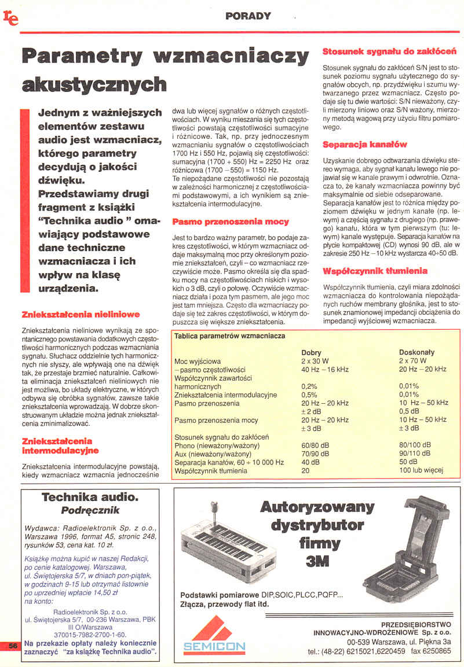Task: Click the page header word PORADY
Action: [x=248, y=16]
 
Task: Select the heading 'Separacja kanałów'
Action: [x=364, y=144]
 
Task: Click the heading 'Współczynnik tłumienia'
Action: [x=375, y=271]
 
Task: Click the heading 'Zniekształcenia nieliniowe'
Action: [x=81, y=315]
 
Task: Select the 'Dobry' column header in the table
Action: [x=312, y=352]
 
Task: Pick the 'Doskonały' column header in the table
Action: [x=416, y=352]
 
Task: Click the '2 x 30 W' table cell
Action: [x=315, y=360]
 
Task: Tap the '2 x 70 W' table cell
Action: [x=412, y=360]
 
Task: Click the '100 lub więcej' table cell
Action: [x=421, y=470]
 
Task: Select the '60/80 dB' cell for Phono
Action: [x=315, y=445]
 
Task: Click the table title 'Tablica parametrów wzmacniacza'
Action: [x=229, y=336]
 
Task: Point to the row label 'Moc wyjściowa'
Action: [x=198, y=361]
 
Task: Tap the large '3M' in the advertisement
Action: [x=319, y=561]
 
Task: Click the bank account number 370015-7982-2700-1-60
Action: [x=90, y=635]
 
